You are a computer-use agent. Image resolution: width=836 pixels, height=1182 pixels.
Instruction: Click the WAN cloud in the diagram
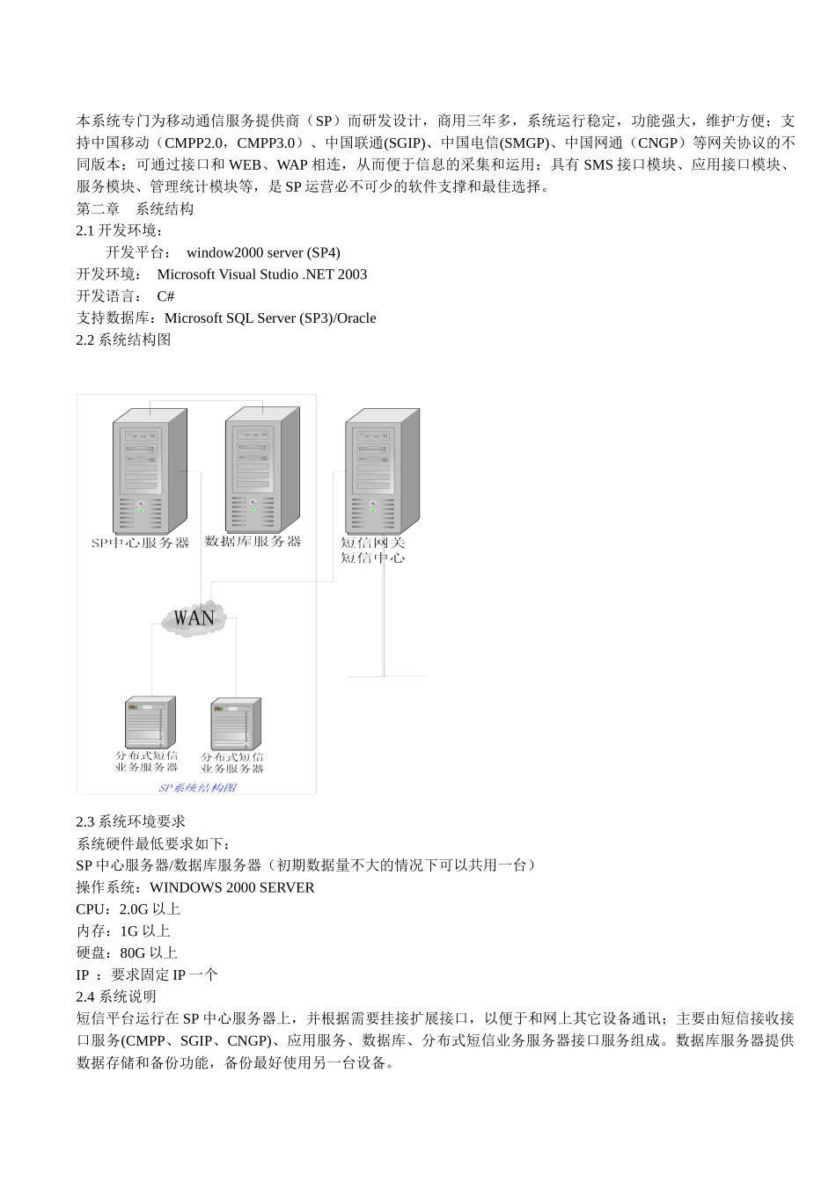point(194,617)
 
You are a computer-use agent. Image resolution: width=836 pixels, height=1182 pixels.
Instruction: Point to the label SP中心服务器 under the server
point(141,543)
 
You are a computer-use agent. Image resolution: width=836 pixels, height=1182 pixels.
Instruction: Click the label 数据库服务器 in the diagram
point(253,541)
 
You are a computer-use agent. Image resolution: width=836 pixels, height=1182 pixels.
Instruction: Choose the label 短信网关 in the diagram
point(373,543)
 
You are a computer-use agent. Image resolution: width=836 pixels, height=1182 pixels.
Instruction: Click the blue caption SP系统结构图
point(197,787)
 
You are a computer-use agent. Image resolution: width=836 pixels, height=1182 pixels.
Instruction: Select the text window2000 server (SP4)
point(263,252)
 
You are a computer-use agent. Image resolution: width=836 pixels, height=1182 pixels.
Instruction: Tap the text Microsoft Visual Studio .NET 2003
point(262,274)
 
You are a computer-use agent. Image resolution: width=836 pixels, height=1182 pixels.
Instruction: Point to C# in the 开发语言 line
point(165,296)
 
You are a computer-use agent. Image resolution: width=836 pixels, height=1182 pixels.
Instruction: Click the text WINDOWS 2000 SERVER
point(231,887)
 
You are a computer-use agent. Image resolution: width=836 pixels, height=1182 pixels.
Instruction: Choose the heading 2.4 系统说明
point(116,996)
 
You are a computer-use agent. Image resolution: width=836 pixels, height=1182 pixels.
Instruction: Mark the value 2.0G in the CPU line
point(134,909)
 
